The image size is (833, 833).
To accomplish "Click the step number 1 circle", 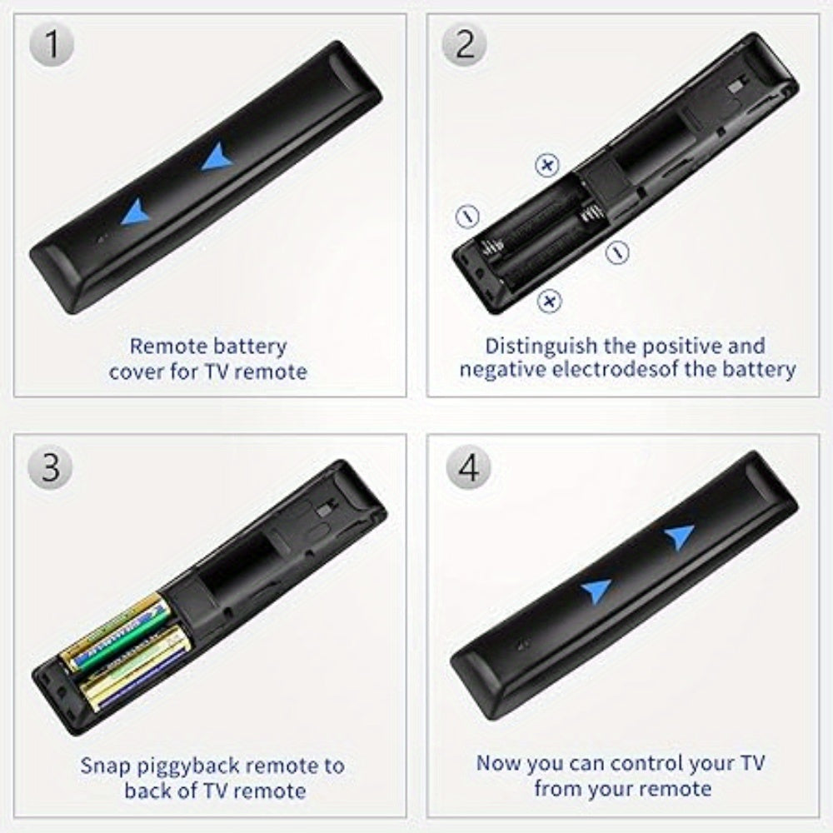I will pyautogui.click(x=52, y=45).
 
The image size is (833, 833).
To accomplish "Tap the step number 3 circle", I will pyautogui.click(x=52, y=467).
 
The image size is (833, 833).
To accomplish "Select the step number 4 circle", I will pyautogui.click(x=469, y=467).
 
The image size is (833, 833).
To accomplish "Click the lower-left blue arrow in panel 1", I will pyautogui.click(x=135, y=215).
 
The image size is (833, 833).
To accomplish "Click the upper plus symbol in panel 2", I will pyautogui.click(x=546, y=166).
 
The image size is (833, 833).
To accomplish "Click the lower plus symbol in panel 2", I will pyautogui.click(x=548, y=301).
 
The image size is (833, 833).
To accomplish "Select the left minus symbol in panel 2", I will pyautogui.click(x=467, y=216).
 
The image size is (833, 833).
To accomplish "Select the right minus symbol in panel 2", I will pyautogui.click(x=617, y=250).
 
